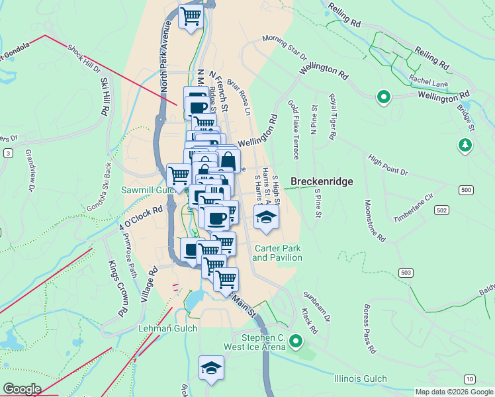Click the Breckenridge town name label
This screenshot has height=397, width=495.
point(322,181)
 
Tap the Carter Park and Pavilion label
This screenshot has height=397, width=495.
point(277,253)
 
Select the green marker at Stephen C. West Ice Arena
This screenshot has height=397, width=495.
point(296,341)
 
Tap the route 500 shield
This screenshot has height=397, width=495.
point(467,191)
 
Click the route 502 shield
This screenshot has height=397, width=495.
point(441,210)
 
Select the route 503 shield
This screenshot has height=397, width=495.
point(407,272)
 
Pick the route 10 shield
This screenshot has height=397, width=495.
point(469,378)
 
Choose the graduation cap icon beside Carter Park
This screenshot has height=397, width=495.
point(266,216)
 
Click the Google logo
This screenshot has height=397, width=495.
point(22,389)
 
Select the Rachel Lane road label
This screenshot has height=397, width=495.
point(428,82)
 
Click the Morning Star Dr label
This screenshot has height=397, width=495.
point(285,46)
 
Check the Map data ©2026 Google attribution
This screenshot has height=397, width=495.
point(454,392)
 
